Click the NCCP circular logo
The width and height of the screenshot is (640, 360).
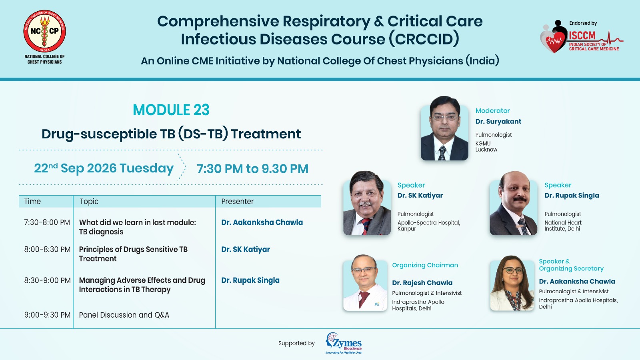pyautogui.click(x=44, y=31)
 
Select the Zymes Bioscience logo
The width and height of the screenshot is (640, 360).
pyautogui.click(x=344, y=343)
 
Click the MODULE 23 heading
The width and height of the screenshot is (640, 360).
pyautogui.click(x=171, y=110)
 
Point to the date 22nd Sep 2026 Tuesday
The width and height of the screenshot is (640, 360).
pyautogui.click(x=104, y=168)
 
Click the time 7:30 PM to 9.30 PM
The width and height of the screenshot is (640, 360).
pyautogui.click(x=252, y=168)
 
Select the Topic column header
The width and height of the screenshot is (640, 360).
pyautogui.click(x=89, y=202)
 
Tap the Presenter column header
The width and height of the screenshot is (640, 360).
pyautogui.click(x=238, y=202)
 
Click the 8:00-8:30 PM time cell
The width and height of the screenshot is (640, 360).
pyautogui.click(x=47, y=250)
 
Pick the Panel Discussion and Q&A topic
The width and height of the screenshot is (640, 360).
pyautogui.click(x=124, y=315)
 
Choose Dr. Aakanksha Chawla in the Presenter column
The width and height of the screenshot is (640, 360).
pyautogui.click(x=262, y=222)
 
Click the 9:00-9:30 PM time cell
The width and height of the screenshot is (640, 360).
pyautogui.click(x=47, y=315)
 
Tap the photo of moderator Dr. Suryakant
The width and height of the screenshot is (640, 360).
pyautogui.click(x=444, y=128)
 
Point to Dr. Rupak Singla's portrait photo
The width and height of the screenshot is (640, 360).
pyautogui.click(x=514, y=203)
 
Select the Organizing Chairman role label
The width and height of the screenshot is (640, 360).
pyautogui.click(x=425, y=265)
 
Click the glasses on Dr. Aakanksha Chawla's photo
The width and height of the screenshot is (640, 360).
pyautogui.click(x=513, y=270)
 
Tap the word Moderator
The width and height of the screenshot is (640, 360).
pyautogui.click(x=492, y=110)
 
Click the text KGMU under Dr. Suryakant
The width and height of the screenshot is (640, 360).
pyautogui.click(x=483, y=144)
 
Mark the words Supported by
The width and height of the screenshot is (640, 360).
pyautogui.click(x=296, y=344)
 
